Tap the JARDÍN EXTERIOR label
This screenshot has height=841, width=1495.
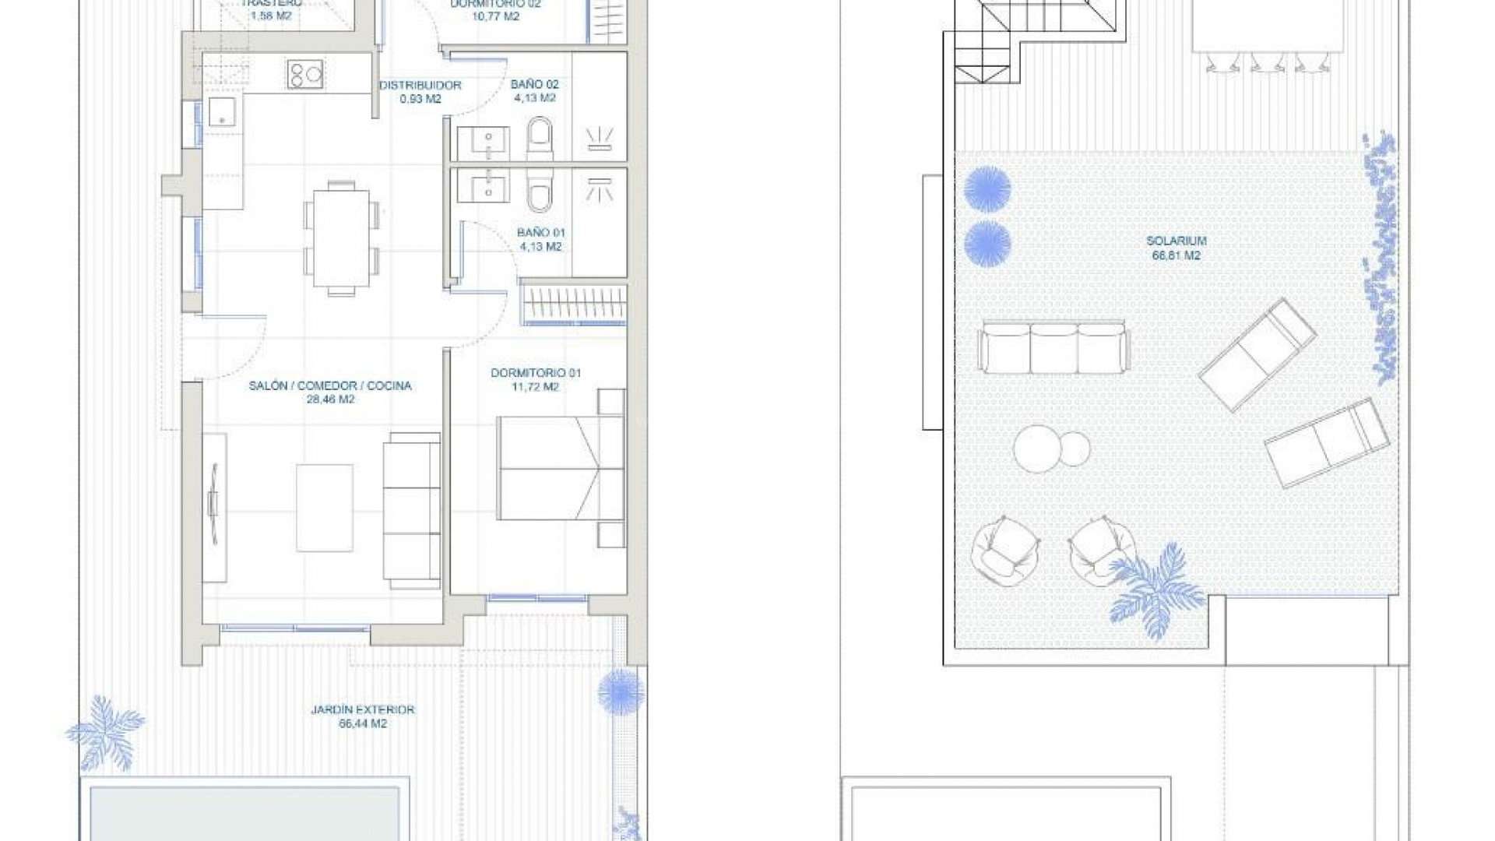pyautogui.click(x=362, y=710)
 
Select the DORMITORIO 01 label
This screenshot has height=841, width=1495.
pyautogui.click(x=536, y=373)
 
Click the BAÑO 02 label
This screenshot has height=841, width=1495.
pyautogui.click(x=534, y=85)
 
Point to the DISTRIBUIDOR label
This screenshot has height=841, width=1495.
pyautogui.click(x=420, y=86)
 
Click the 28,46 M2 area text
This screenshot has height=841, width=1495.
pyautogui.click(x=329, y=399)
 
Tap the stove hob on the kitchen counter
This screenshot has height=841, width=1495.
pyautogui.click(x=305, y=74)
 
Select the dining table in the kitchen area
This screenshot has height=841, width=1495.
pyautogui.click(x=340, y=238)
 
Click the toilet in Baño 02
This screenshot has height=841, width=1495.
pyautogui.click(x=540, y=137)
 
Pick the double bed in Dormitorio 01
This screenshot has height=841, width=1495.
pyautogui.click(x=561, y=468)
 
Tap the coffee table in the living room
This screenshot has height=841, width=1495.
pyautogui.click(x=325, y=508)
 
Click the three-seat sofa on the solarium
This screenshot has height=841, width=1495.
pyautogui.click(x=1054, y=348)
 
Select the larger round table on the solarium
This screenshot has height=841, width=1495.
pyautogui.click(x=1037, y=449)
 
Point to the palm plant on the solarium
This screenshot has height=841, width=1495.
pyautogui.click(x=1156, y=592)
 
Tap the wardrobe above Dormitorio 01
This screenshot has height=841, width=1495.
pyautogui.click(x=573, y=305)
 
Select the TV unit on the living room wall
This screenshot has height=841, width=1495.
pyautogui.click(x=214, y=507)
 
